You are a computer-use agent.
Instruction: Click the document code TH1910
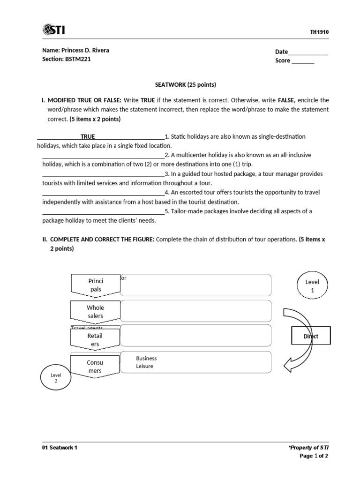click(x=319, y=32)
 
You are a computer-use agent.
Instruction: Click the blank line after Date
click(x=308, y=52)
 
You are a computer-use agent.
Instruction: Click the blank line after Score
click(x=303, y=61)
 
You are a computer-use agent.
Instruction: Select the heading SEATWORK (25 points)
click(x=186, y=85)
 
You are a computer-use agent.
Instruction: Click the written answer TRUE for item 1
click(x=88, y=137)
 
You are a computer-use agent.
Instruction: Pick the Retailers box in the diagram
click(x=95, y=340)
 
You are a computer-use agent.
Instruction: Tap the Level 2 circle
click(x=56, y=378)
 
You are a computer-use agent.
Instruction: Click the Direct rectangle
click(x=311, y=336)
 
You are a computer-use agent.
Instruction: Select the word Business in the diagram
click(x=146, y=358)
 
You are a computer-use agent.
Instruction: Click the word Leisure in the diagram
click(x=144, y=366)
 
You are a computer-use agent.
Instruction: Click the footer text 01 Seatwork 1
click(x=60, y=448)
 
